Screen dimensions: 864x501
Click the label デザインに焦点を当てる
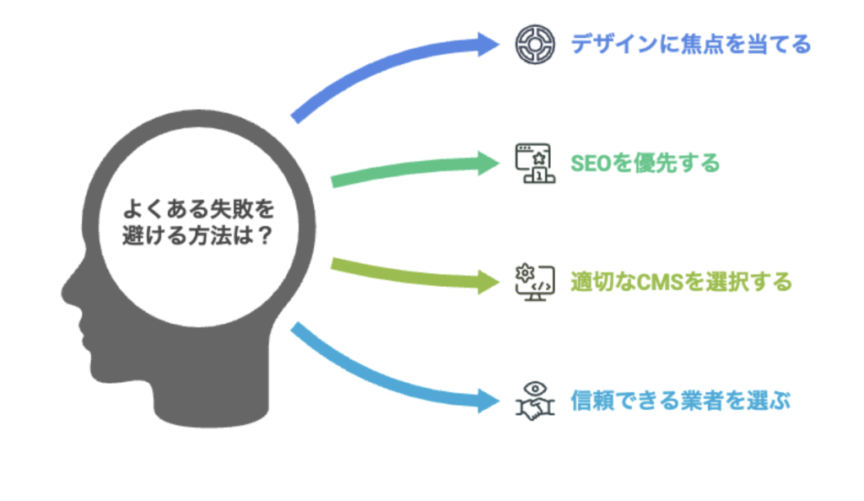click(690, 44)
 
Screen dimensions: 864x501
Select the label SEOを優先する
click(645, 163)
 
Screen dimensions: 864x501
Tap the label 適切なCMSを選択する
click(681, 282)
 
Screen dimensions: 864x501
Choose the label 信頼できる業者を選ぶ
click(681, 401)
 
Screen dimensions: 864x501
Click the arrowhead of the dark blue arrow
click(489, 44)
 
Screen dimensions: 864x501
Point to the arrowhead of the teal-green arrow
click(489, 163)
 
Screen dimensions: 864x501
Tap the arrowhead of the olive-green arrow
click(489, 282)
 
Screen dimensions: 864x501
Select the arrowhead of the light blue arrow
click(489, 401)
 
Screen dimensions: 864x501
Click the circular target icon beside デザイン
click(535, 44)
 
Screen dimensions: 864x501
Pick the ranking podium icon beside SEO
click(535, 163)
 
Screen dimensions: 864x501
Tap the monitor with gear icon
click(535, 282)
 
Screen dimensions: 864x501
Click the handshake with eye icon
click(535, 401)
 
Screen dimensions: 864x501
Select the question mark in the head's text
click(265, 235)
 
